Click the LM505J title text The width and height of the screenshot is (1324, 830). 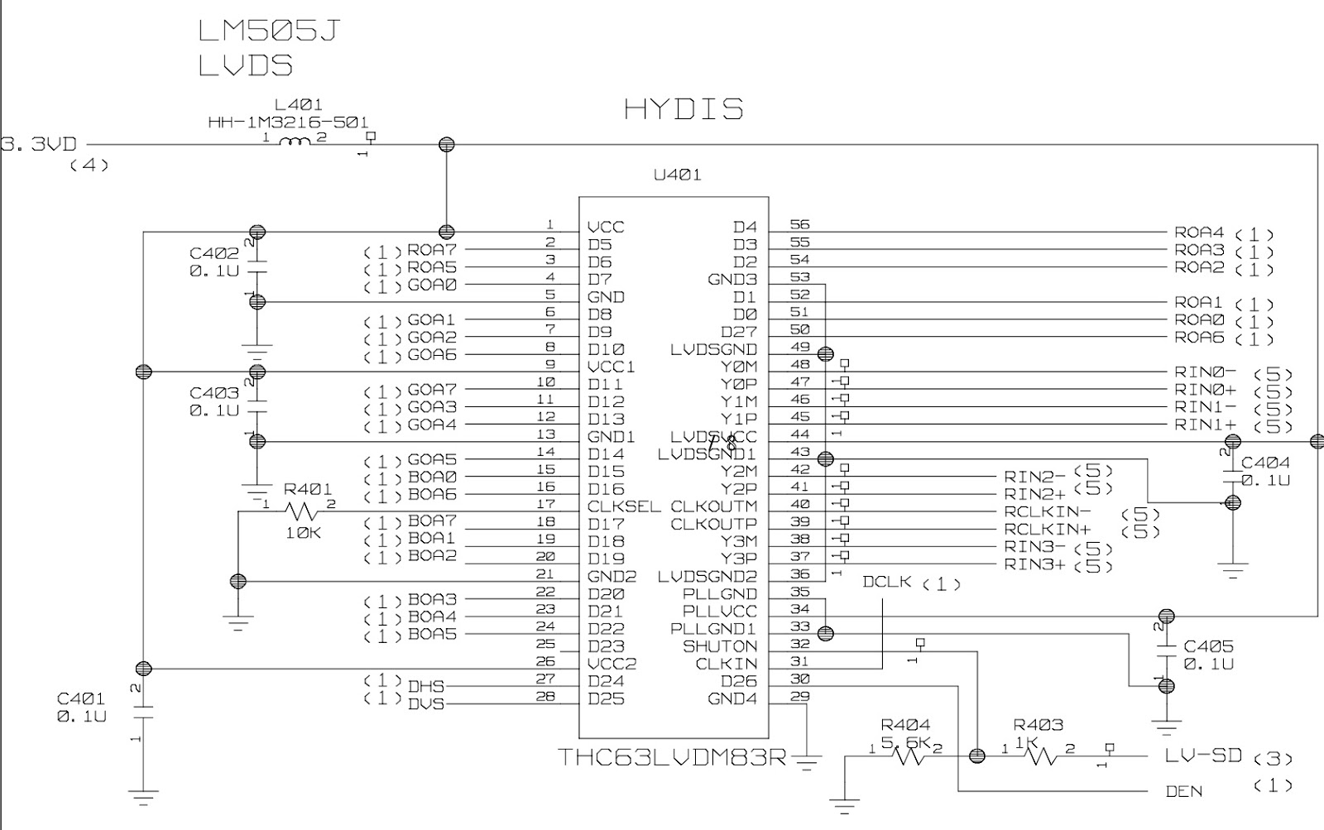tap(269, 31)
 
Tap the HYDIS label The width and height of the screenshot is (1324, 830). tap(684, 108)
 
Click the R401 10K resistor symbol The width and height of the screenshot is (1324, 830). tap(300, 511)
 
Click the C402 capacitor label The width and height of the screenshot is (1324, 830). tap(214, 253)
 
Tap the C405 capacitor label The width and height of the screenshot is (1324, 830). tap(1209, 646)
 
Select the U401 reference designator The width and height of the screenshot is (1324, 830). tap(677, 175)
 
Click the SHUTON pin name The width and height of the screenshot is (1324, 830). tap(720, 646)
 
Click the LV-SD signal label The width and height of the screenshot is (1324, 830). tap(1203, 756)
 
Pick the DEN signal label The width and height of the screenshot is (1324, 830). tap(1184, 791)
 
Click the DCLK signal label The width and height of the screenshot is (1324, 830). tap(886, 582)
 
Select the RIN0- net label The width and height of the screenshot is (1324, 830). tap(1205, 373)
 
